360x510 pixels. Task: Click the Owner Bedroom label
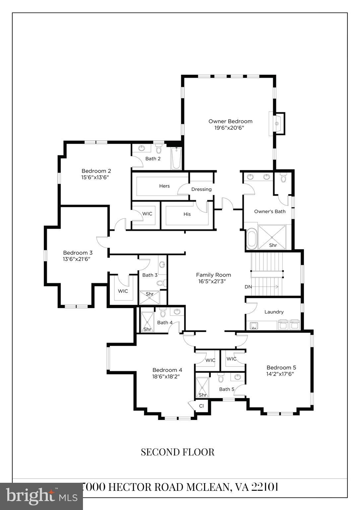[230, 121]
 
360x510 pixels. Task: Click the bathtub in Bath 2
[177, 159]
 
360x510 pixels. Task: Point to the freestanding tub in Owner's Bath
[252, 239]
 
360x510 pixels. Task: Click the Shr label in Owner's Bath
[273, 245]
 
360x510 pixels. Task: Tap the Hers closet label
[164, 186]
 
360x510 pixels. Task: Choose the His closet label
[187, 214]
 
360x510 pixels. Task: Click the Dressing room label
[201, 189]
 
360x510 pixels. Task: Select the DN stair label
[248, 287]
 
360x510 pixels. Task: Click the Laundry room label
[274, 312]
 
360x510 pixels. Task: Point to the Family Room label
[213, 275]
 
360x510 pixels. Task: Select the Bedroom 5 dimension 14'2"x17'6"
[280, 374]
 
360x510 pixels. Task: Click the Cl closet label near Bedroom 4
[201, 406]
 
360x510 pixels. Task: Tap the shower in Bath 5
[202, 387]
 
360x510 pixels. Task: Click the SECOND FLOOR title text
[178, 452]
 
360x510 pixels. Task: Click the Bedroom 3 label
[78, 253]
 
